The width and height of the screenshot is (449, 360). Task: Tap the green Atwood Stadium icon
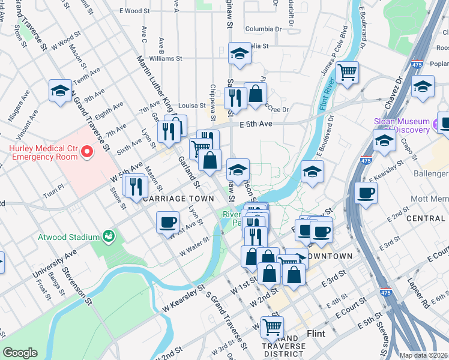109,236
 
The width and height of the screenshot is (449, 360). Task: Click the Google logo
20,353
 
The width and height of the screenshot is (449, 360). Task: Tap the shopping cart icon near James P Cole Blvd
348,73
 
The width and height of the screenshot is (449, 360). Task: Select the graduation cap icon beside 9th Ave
60,91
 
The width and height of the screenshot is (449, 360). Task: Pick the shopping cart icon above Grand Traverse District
273,327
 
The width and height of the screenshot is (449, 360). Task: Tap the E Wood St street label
134,11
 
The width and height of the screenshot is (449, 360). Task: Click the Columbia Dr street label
263,28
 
